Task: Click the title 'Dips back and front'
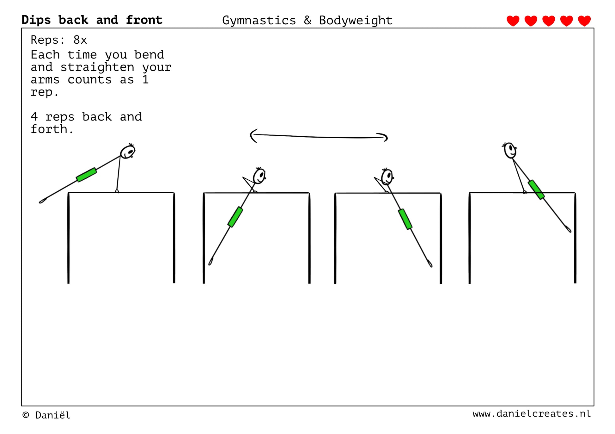92,20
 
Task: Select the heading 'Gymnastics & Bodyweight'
307,21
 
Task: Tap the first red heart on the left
513,21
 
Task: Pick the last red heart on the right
584,21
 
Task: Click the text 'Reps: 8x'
59,40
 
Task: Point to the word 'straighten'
97,67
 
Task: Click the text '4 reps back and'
86,117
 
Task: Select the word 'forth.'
52,129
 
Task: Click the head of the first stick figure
128,152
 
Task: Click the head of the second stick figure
259,176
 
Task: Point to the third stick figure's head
387,177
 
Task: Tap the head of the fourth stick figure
510,150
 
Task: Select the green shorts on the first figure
86,175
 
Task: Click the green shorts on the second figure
235,217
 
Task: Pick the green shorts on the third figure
405,219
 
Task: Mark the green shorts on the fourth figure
536,189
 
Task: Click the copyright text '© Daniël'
46,415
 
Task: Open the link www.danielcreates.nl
532,414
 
